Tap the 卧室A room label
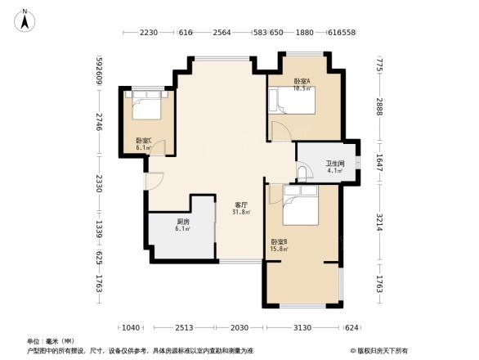point(302,80)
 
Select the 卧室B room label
point(278,241)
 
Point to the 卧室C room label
point(144,140)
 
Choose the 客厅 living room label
point(242,205)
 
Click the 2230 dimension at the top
point(148,32)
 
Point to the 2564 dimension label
point(222,32)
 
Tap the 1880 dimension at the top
point(305,32)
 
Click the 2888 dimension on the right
point(380,106)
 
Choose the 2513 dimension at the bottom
point(184,327)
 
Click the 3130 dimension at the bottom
point(302,327)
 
